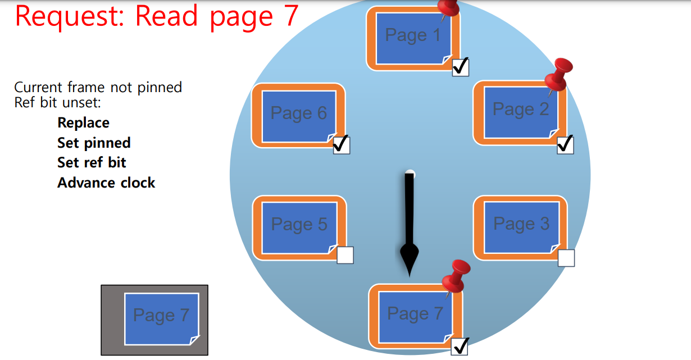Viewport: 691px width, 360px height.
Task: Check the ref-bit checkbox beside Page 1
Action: click(x=460, y=67)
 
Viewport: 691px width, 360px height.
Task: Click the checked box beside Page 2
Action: click(x=565, y=145)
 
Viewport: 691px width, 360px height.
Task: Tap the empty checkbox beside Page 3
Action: click(x=566, y=258)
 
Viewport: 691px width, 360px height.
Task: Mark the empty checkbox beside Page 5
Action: click(x=345, y=255)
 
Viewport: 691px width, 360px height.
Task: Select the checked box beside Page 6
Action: click(x=341, y=145)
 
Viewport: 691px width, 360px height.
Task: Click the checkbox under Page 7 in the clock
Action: click(x=460, y=347)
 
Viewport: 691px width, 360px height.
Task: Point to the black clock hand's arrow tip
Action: click(x=410, y=274)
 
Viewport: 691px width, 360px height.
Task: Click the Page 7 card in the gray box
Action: click(x=161, y=318)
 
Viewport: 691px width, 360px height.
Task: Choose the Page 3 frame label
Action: click(x=521, y=224)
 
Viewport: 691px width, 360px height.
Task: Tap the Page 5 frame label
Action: click(x=299, y=225)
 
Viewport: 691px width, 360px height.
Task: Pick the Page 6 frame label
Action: click(x=298, y=113)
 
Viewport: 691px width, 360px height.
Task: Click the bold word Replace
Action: click(x=83, y=123)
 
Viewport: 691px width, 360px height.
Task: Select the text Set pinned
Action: click(x=94, y=143)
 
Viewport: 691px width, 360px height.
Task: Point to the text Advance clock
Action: click(x=106, y=183)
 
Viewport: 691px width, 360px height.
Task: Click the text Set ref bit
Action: click(x=92, y=163)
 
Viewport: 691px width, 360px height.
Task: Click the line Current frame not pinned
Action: click(x=98, y=88)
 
